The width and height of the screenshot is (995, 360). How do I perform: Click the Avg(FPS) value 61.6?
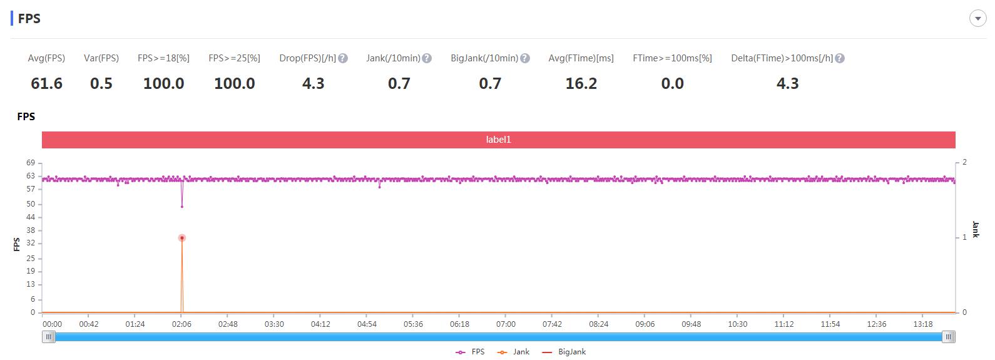pos(46,83)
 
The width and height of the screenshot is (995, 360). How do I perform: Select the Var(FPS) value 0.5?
pos(101,83)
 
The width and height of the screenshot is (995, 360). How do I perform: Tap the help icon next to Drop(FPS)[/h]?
pos(343,58)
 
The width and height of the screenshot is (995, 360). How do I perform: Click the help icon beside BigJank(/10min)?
pos(525,58)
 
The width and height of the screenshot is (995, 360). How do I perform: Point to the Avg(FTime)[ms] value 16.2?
pos(581,83)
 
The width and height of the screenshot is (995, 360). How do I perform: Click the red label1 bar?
pos(498,140)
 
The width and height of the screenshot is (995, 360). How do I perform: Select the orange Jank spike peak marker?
pos(182,238)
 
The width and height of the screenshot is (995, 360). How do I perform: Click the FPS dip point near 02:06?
pos(182,207)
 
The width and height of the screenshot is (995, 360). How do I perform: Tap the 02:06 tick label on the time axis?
pos(181,324)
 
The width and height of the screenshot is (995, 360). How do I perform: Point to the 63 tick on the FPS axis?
pos(31,176)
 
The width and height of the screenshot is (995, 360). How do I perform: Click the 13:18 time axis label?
pos(923,324)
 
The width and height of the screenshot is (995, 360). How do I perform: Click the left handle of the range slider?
pos(49,337)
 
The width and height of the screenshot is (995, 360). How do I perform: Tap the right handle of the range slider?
pos(949,337)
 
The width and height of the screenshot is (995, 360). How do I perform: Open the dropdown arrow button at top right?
pos(977,19)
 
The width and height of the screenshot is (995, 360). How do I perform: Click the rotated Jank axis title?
pos(976,229)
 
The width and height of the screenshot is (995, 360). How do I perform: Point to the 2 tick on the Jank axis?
pos(964,162)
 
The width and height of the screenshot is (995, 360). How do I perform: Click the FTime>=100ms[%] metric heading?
pos(672,58)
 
